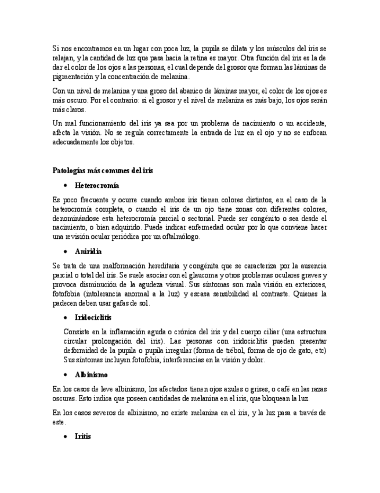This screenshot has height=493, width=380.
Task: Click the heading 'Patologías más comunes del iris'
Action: tap(103, 170)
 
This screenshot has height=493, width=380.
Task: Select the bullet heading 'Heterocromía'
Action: tap(97, 185)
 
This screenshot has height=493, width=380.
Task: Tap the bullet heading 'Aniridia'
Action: tap(88, 251)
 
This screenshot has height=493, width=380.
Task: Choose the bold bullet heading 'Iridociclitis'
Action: tap(93, 317)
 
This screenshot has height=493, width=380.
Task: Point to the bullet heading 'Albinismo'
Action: tap(92, 374)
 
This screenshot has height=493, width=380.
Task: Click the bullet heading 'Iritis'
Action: tap(83, 436)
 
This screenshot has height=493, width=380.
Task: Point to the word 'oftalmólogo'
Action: tap(182, 237)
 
